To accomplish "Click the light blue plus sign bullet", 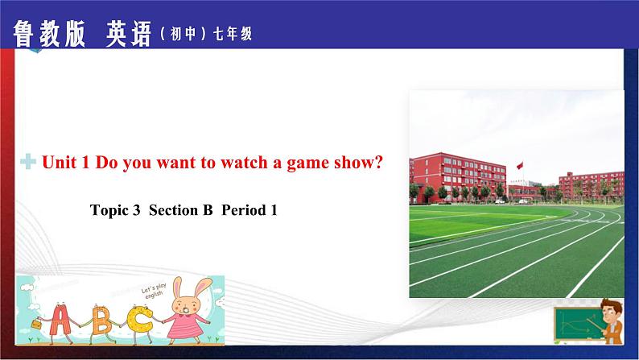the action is [28, 161].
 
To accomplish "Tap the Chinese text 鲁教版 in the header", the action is [49, 35].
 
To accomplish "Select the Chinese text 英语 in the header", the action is [129, 35].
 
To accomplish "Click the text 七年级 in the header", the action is [233, 35].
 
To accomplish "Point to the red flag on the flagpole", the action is [520, 165].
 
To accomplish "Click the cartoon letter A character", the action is [60, 320].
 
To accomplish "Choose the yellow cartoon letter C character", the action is [138, 320].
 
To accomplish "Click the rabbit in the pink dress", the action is [188, 311].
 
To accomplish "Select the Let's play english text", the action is [154, 291].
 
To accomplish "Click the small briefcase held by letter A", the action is [36, 324].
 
